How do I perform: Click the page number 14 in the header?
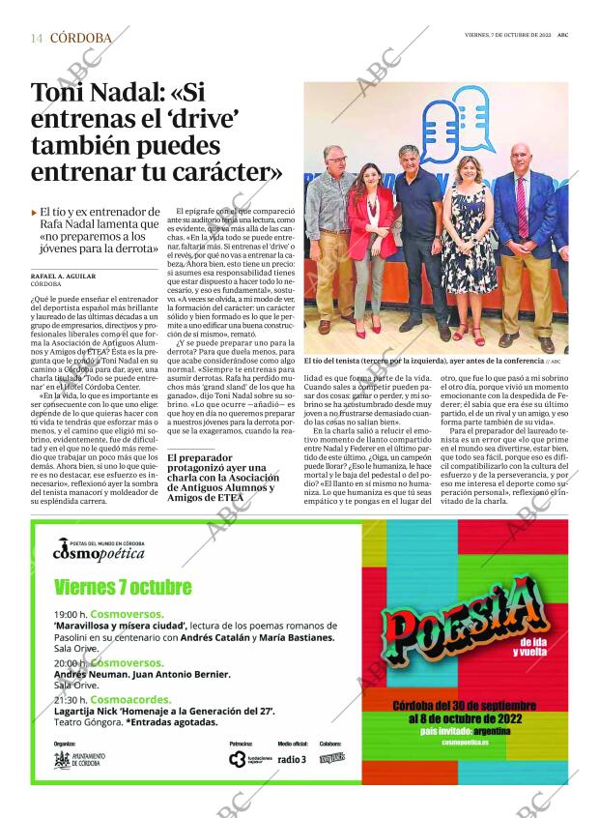37,38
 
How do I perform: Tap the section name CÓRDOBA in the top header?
80,38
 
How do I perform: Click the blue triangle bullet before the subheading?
34,212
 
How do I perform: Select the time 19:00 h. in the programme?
71,614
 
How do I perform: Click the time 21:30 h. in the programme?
71,698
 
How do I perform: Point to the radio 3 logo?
292,759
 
